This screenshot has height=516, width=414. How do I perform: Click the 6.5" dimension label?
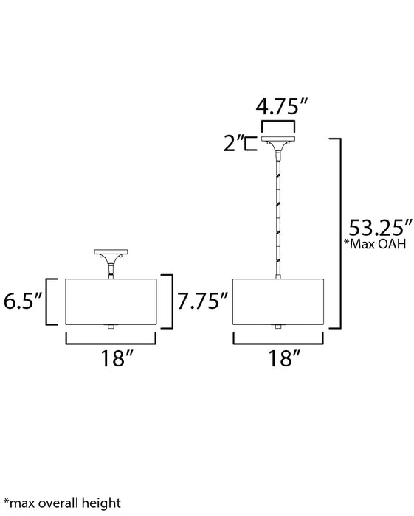(23, 301)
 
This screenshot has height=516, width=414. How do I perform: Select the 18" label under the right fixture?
(278, 360)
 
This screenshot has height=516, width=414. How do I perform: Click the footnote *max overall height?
(61, 503)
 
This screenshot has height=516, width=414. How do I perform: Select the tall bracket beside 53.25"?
(337, 232)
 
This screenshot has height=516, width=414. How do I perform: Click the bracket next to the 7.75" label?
(170, 301)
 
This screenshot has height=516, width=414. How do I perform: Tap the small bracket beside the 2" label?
(251, 144)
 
